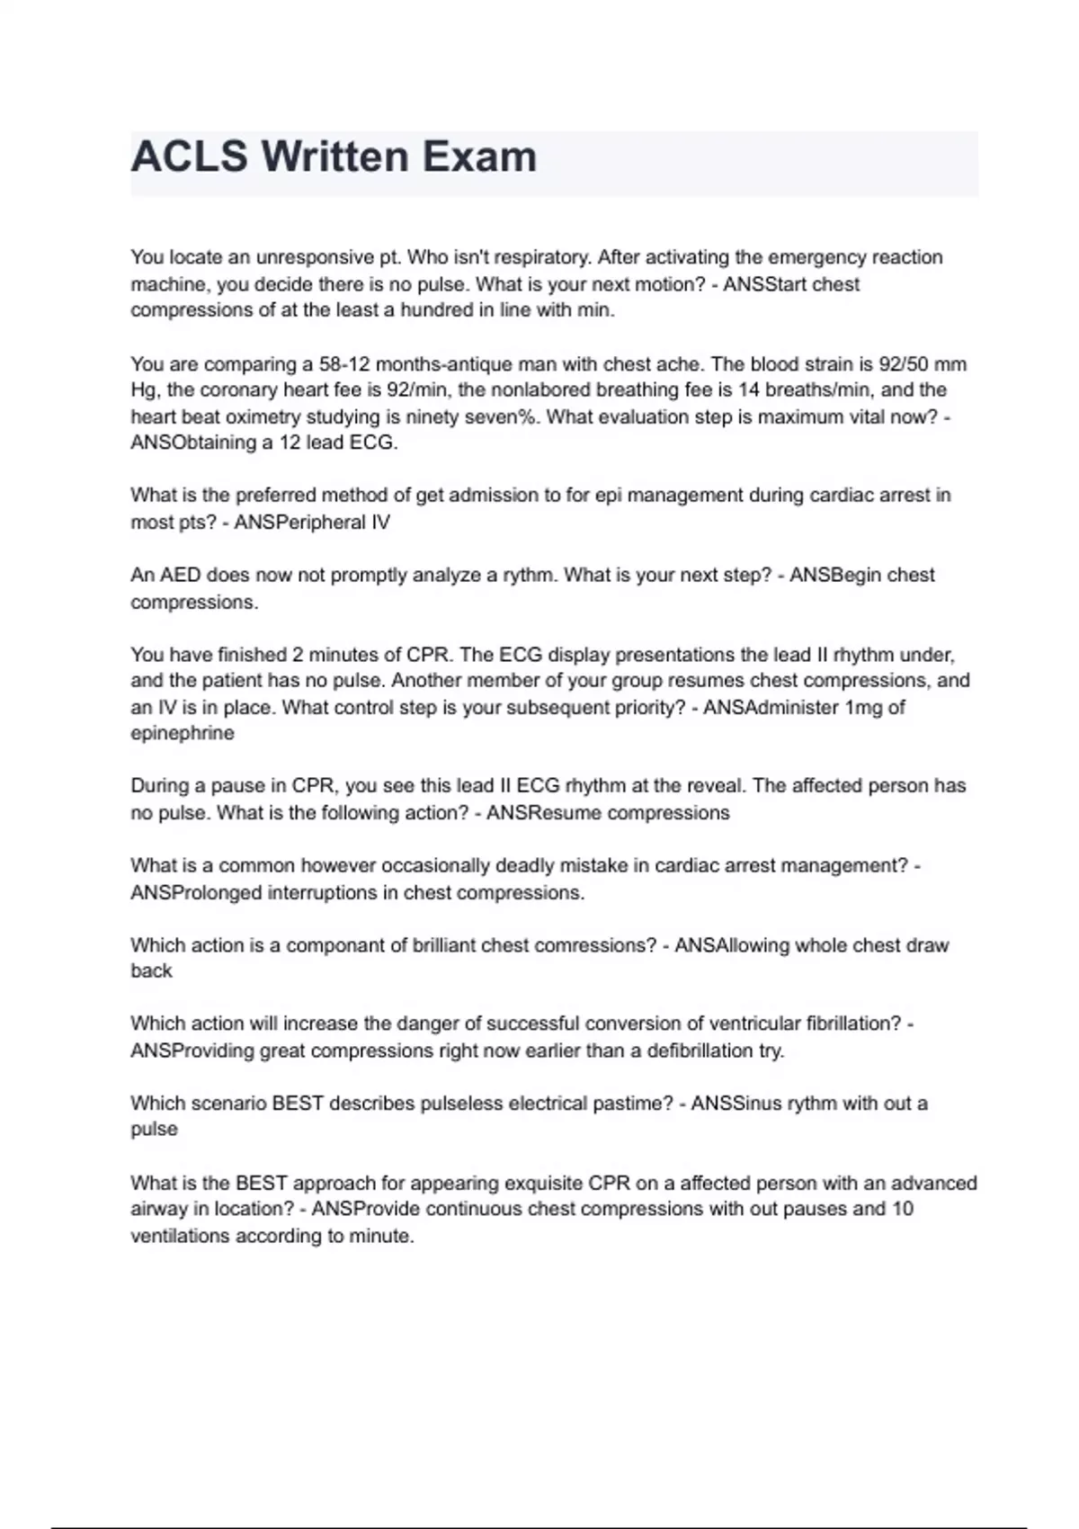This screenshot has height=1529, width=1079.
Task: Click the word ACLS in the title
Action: [189, 157]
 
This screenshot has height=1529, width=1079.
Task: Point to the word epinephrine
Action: [182, 734]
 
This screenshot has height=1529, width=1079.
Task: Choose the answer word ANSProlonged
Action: [196, 893]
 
